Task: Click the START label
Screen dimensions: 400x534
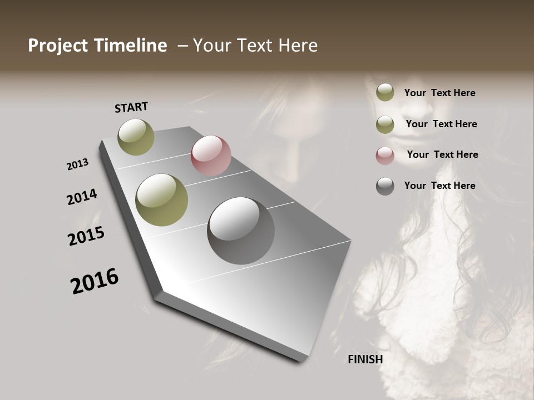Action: point(131,107)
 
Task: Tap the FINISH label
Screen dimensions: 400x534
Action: point(365,359)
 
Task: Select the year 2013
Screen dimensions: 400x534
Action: point(77,164)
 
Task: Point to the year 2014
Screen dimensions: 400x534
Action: point(82,197)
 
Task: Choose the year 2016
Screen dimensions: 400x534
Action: point(95,281)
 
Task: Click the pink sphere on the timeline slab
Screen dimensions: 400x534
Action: point(211,156)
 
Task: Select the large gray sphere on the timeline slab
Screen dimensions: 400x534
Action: point(241,230)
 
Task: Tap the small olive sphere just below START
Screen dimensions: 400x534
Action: point(136,137)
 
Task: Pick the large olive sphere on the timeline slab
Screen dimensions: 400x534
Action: point(162,200)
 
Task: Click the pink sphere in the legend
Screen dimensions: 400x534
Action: point(385,156)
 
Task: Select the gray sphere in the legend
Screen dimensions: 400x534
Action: point(385,186)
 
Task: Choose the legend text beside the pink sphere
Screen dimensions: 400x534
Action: point(442,154)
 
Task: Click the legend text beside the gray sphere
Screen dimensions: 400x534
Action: point(439,186)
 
